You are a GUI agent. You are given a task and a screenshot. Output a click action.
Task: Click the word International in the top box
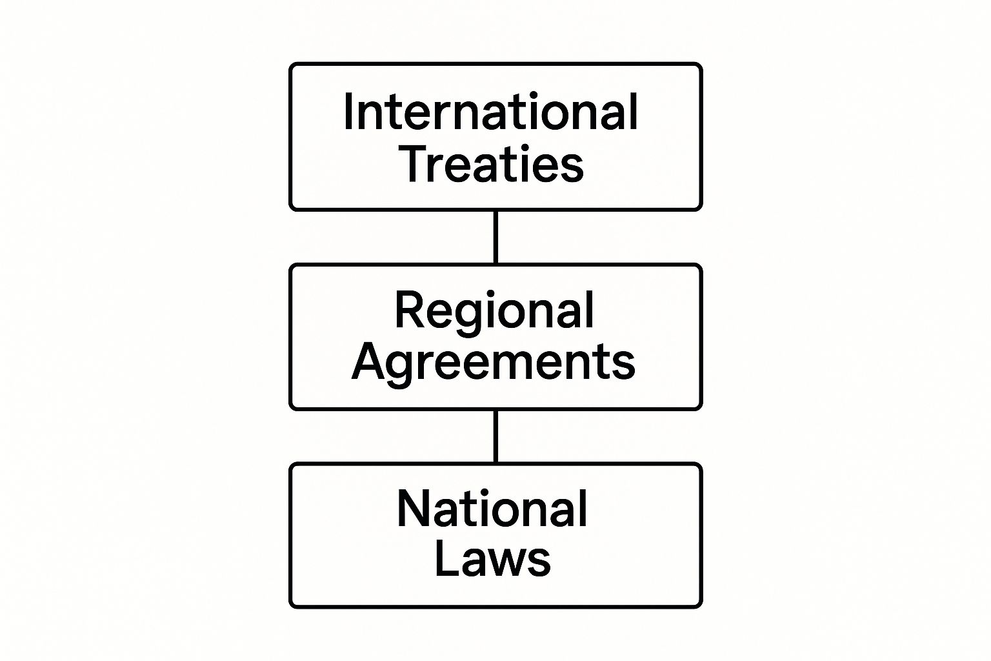coord(490,112)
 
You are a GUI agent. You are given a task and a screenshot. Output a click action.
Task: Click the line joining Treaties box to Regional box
coord(495,237)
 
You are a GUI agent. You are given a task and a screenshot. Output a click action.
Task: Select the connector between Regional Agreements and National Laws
coord(495,436)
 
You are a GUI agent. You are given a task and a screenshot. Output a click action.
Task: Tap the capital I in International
coord(348,112)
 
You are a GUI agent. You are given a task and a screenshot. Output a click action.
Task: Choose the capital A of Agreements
coord(370,361)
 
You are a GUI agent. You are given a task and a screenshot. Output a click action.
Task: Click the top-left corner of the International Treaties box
coord(290,64)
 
